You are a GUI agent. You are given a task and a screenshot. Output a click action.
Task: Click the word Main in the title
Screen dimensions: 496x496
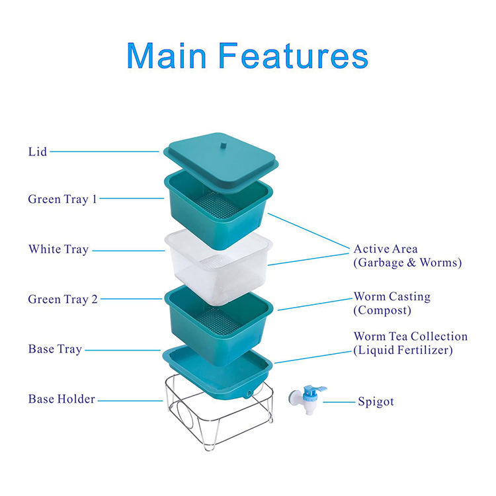[x=167, y=56]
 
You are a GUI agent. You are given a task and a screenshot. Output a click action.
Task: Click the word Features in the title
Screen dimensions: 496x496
[x=294, y=56]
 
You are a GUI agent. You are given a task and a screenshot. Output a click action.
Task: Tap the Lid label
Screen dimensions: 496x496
[x=38, y=152]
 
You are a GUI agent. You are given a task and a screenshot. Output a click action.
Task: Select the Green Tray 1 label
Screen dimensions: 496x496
[x=62, y=199]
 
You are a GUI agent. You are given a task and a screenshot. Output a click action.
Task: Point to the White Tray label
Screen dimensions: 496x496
[x=58, y=249]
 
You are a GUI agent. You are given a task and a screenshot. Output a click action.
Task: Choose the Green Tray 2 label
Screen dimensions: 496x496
[x=63, y=299]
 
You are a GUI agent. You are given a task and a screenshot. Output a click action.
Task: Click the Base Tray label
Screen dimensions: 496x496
[x=55, y=349]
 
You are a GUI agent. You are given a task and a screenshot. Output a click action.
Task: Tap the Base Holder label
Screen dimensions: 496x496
[x=62, y=399]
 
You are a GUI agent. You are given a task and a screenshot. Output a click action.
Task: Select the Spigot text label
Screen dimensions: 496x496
[x=376, y=401]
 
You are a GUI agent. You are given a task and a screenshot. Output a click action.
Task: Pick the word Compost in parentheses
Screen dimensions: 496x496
[x=382, y=310]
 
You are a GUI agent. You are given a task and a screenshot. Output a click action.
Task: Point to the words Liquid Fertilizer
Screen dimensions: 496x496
[x=403, y=350]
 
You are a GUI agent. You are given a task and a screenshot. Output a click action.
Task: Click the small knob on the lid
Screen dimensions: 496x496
[x=224, y=146]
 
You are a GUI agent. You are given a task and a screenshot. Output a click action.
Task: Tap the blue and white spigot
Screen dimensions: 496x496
[x=307, y=399]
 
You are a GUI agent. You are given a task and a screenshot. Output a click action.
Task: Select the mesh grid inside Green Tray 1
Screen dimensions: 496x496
[x=216, y=205]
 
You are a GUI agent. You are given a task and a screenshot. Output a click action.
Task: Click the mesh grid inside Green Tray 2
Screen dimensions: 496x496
[x=218, y=321]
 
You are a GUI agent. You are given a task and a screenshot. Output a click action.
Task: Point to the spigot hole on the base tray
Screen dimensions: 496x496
[x=249, y=393]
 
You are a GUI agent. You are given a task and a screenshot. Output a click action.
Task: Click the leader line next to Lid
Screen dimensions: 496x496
[x=104, y=151]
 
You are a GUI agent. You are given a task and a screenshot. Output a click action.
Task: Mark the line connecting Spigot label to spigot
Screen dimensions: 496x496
[x=339, y=402]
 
